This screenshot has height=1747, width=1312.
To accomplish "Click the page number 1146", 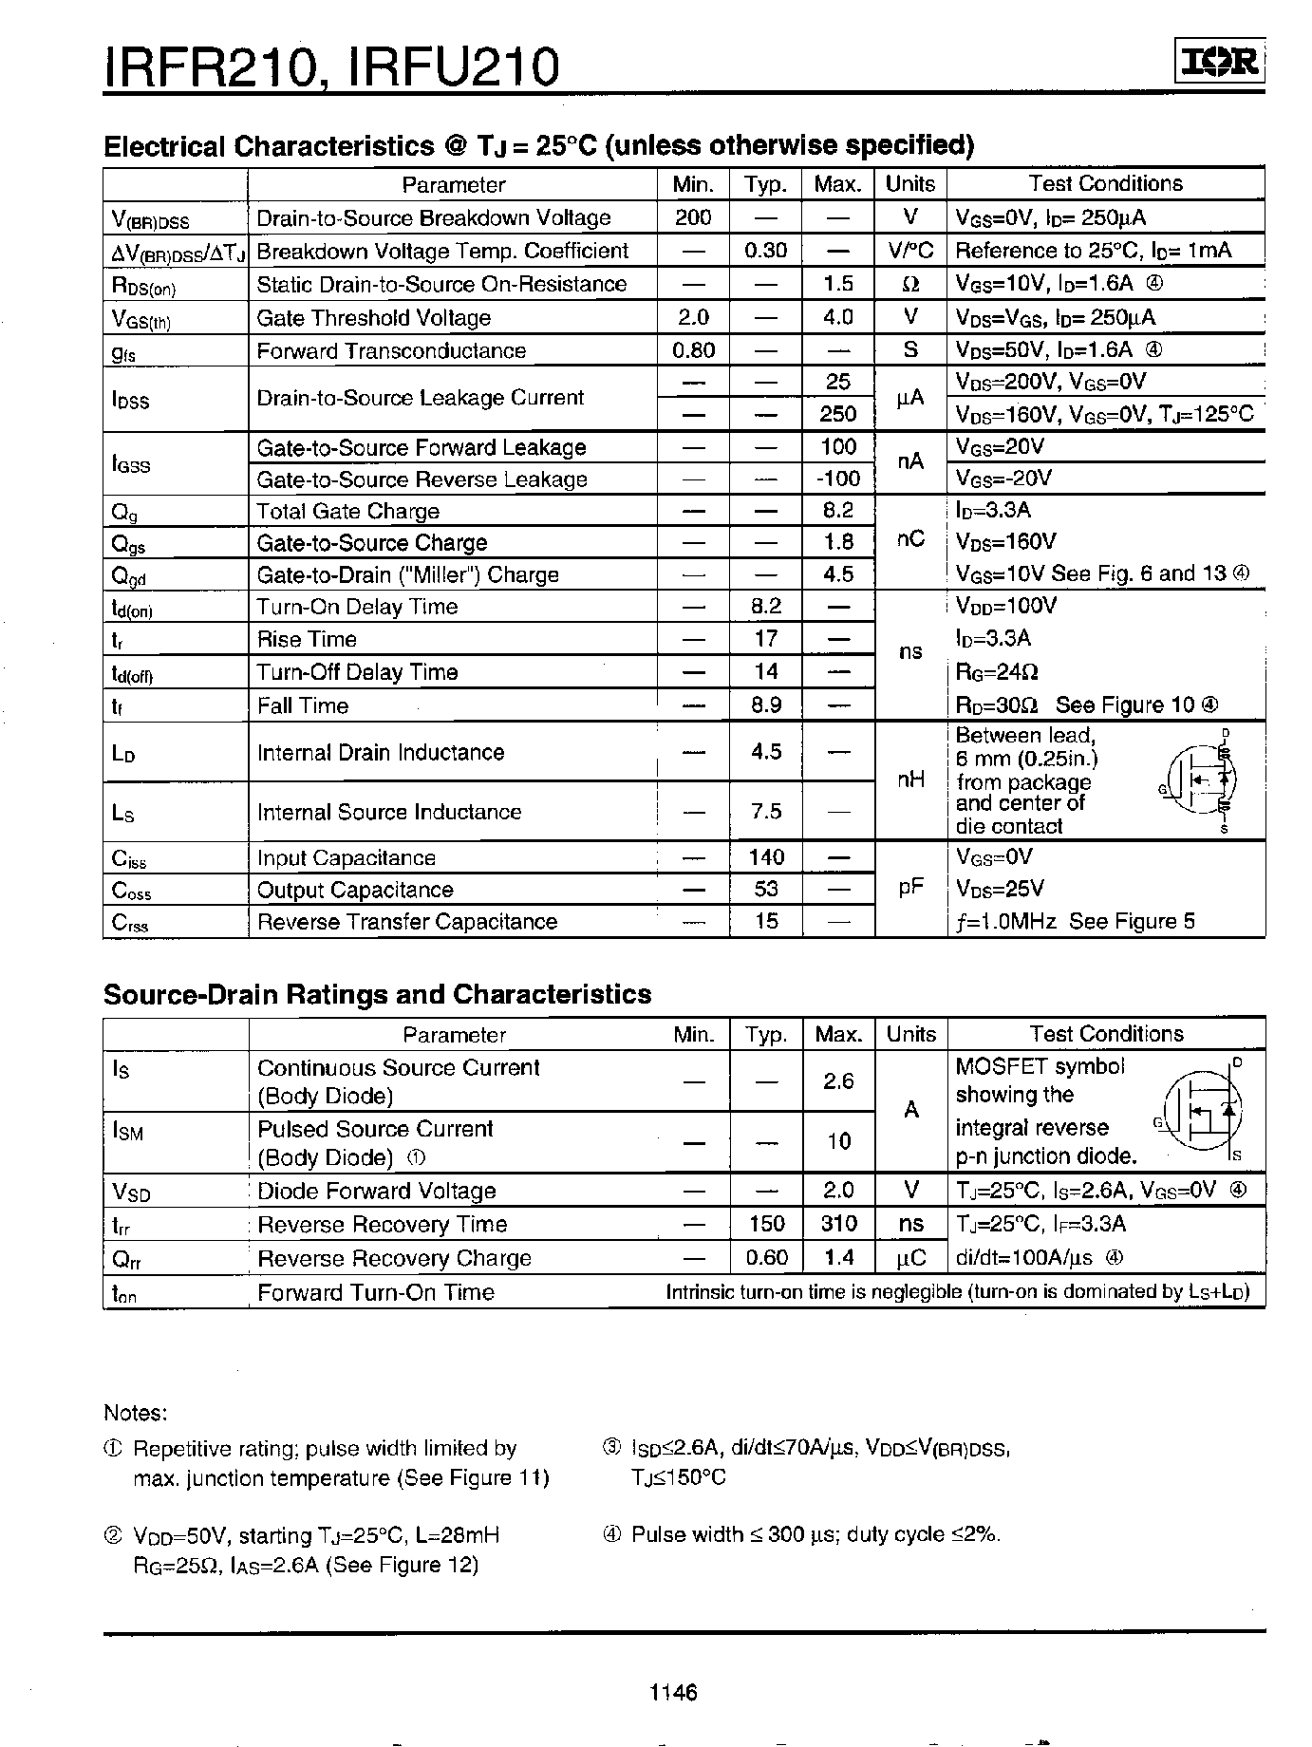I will coord(674,1691).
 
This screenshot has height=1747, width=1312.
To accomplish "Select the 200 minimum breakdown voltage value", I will coord(693,217).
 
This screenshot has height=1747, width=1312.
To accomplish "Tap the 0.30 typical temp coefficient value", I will coord(765,251).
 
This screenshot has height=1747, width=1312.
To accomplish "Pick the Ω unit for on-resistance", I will coord(909,284).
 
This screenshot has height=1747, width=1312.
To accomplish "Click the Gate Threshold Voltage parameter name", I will coord(373,318).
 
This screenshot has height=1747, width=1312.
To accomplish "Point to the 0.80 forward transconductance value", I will coord(693,350).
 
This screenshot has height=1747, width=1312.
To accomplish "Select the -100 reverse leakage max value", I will coord(837,479).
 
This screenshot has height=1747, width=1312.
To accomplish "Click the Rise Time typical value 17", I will coord(765,639).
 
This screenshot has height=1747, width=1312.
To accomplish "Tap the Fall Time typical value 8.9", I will coord(765,705).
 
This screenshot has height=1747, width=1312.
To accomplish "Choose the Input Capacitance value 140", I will coord(765,857).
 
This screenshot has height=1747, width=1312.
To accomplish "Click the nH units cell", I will coord(909,780).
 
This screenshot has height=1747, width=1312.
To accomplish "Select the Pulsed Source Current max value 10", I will coord(838,1142).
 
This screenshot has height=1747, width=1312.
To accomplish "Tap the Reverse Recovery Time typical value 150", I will coord(766,1224).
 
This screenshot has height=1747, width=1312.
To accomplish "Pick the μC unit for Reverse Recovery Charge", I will coord(910,1258).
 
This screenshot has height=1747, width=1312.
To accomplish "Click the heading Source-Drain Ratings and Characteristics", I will coord(377,994).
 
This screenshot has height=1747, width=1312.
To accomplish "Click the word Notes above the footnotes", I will coord(135,1413).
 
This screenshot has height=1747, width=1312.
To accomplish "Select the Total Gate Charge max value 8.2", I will coord(837,511).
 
